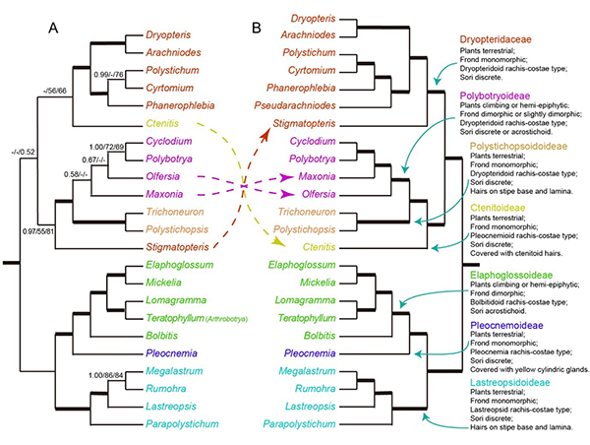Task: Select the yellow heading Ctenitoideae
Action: (497, 208)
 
